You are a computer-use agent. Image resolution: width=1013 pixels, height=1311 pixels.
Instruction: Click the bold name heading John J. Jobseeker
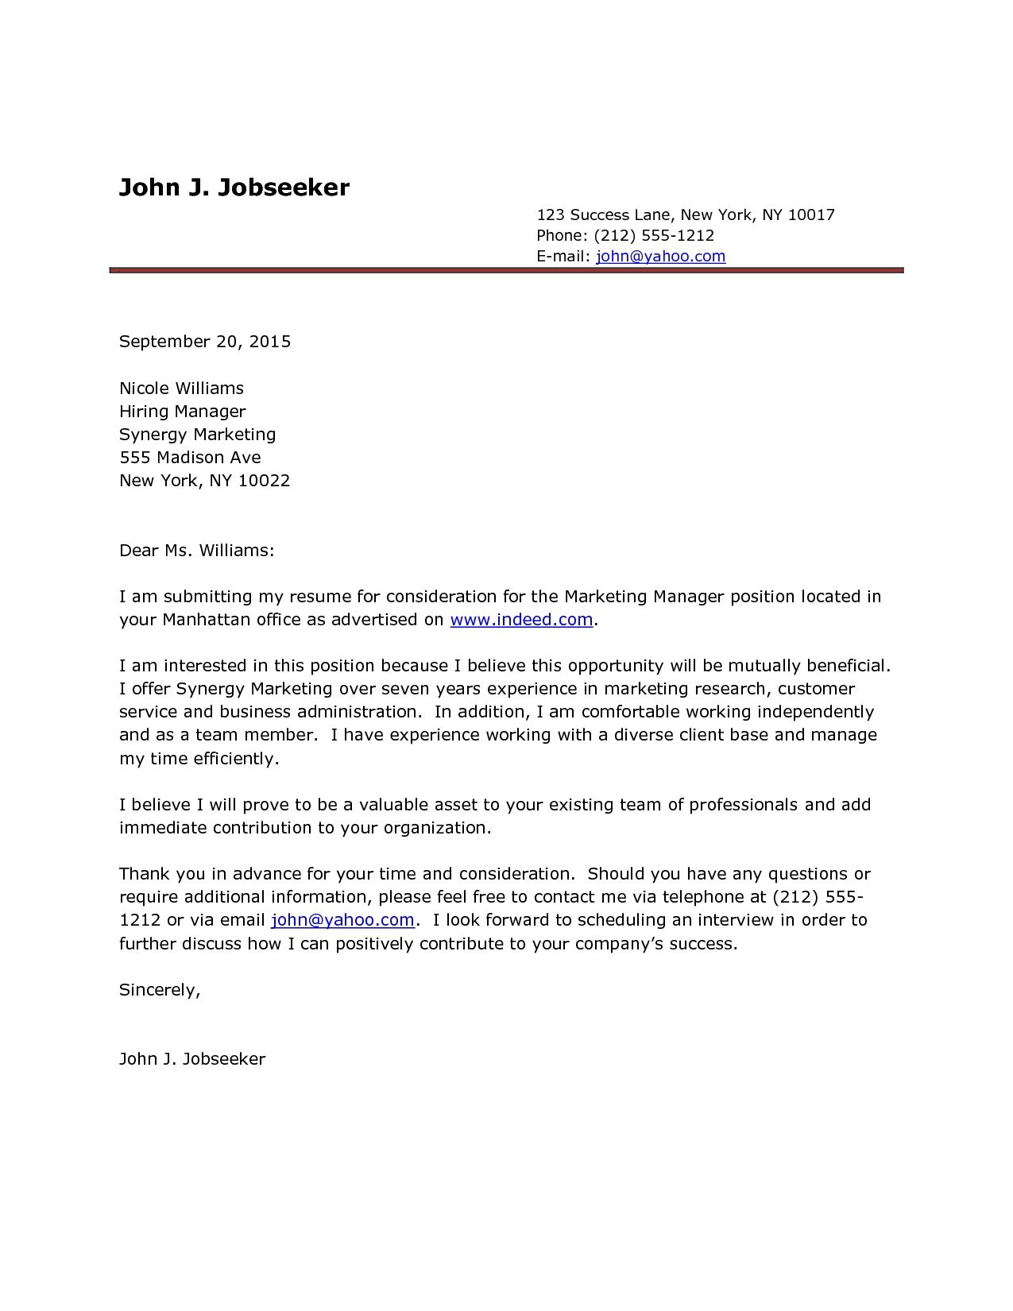click(x=234, y=188)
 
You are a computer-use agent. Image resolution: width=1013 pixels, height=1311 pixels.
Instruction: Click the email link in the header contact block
click(x=660, y=256)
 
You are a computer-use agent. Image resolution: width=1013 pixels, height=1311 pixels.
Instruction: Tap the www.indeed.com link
click(x=521, y=620)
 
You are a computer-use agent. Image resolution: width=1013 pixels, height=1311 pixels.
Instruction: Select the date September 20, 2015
click(x=205, y=342)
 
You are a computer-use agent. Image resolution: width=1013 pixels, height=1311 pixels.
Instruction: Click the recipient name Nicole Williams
click(x=181, y=389)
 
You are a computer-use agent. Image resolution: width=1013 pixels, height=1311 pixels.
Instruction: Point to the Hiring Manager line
click(x=182, y=412)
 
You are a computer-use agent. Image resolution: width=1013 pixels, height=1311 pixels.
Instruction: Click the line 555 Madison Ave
click(x=190, y=458)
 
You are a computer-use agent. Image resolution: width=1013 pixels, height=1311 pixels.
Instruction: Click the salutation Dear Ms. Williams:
click(x=196, y=550)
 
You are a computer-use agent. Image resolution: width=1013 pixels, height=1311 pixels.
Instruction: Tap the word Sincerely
click(x=159, y=990)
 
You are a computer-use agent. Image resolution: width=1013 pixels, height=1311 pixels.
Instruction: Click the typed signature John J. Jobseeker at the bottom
click(x=192, y=1059)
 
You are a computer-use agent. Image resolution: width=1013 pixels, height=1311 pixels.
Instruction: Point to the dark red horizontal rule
click(x=507, y=271)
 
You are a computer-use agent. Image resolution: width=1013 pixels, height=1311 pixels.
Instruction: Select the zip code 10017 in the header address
click(x=810, y=215)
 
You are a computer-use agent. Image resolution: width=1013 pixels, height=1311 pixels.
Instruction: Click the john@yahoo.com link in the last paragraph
click(x=342, y=920)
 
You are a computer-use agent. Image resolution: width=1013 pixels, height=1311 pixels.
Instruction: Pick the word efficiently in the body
click(x=236, y=759)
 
